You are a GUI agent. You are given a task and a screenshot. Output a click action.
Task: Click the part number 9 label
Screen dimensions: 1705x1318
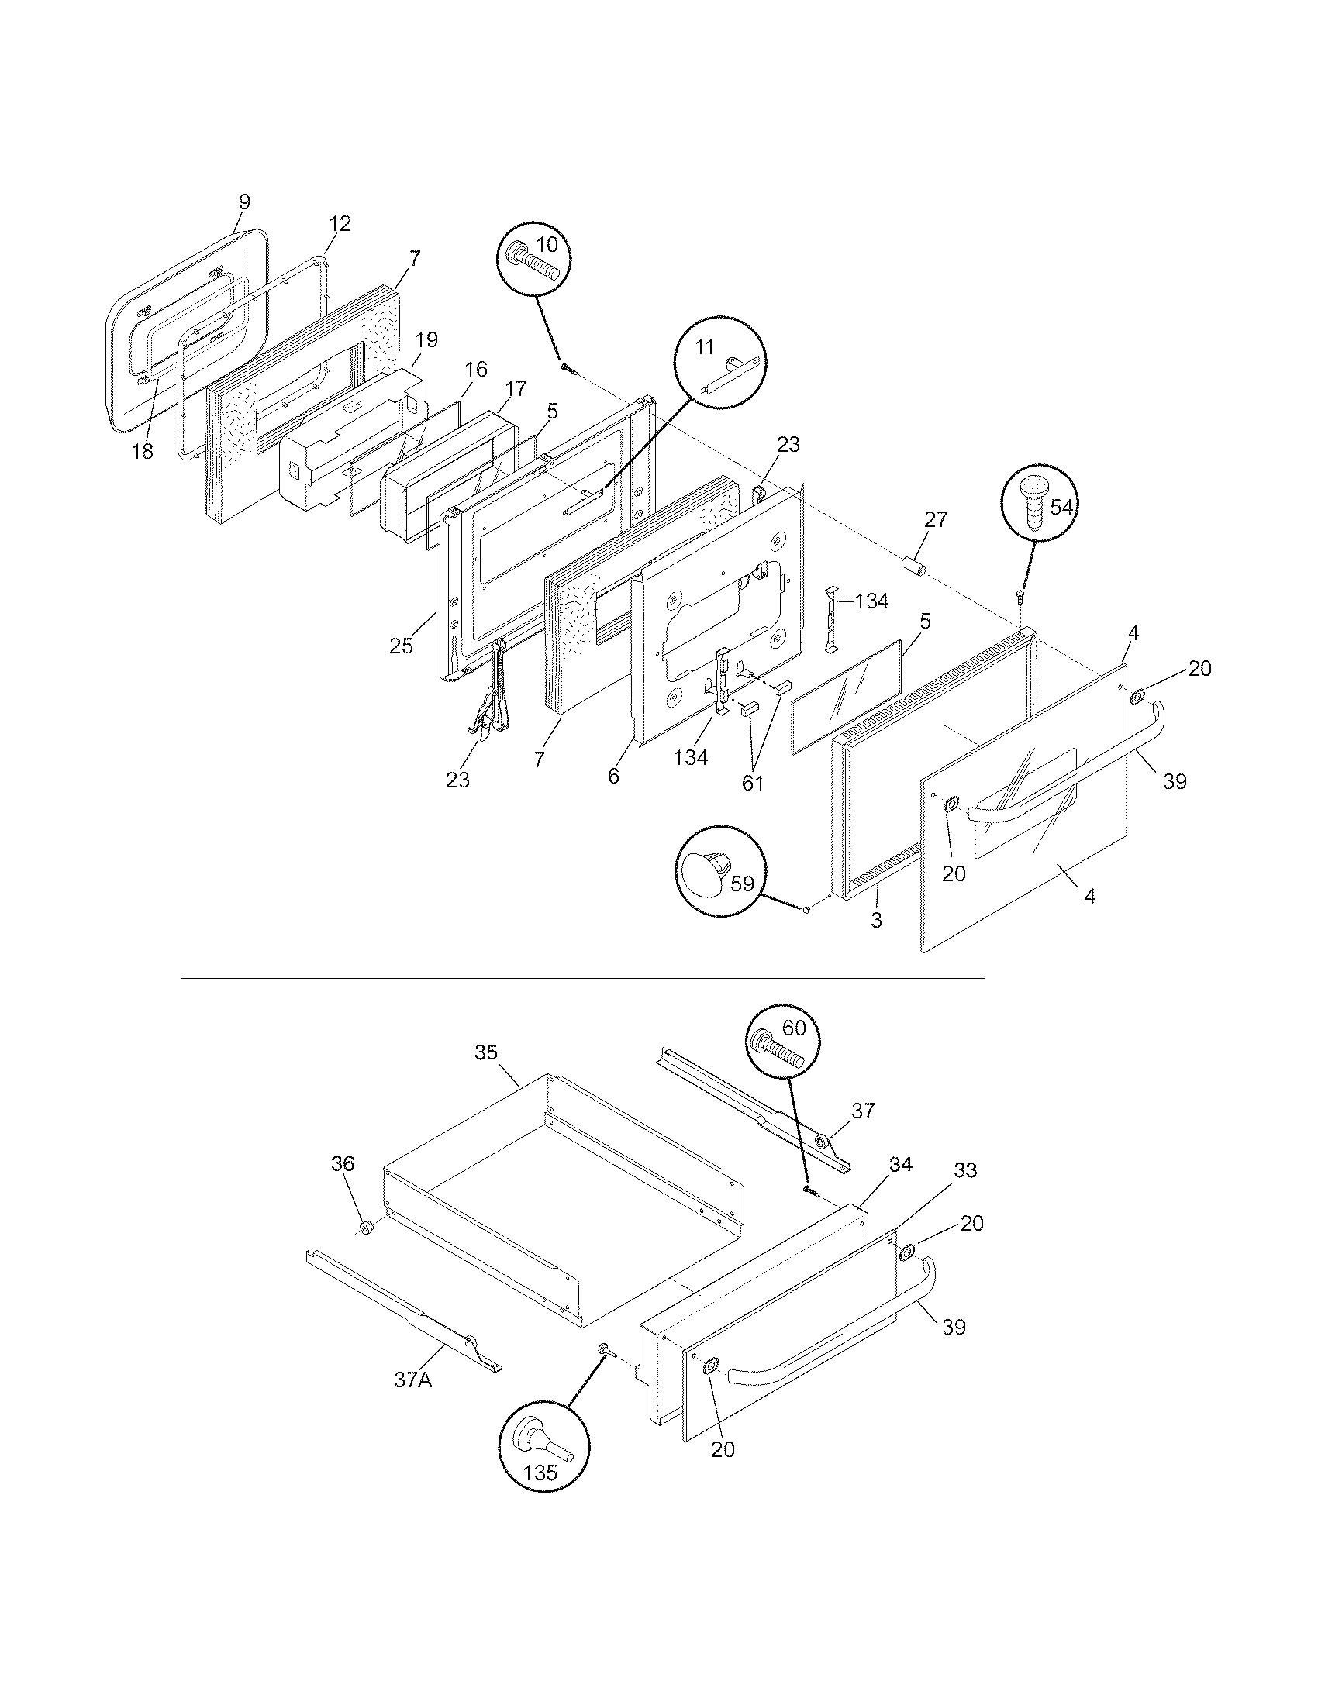click(x=243, y=202)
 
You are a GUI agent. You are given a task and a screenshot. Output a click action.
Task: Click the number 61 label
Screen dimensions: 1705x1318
click(x=752, y=783)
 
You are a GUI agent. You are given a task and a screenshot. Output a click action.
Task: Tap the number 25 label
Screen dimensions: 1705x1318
click(x=402, y=646)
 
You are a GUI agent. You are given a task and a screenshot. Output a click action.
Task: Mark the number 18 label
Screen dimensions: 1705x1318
click(x=142, y=451)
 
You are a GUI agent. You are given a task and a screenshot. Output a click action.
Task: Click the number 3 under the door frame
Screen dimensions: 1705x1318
click(x=876, y=921)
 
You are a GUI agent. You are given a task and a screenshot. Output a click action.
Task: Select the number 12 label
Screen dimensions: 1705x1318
click(x=340, y=224)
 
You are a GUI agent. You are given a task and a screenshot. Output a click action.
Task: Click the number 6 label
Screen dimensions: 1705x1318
click(x=613, y=776)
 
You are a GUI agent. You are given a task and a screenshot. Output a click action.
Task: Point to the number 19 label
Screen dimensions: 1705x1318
click(x=426, y=339)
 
